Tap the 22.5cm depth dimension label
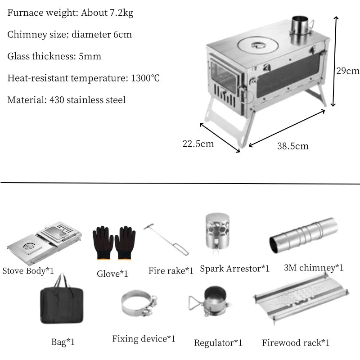(198, 144)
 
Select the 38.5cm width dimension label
(293, 146)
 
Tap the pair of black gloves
(114, 243)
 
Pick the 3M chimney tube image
(303, 234)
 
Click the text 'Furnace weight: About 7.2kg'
(70, 13)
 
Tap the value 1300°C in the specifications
(145, 78)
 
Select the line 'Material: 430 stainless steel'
(67, 99)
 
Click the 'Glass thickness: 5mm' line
(54, 56)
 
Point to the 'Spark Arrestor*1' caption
(234, 269)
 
